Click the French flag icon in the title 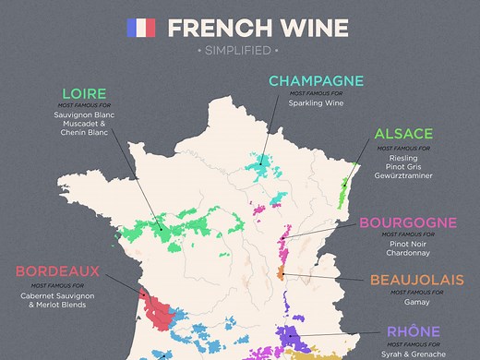coord(140,28)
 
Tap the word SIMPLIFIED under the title coord(240,49)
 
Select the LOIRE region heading coord(84,93)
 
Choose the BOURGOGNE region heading coord(407,222)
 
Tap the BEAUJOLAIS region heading coord(414,280)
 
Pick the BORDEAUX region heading coord(56,272)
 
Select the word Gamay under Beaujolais coord(414,301)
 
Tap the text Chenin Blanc coord(84,133)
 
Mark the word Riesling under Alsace coord(402,158)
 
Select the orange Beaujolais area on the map coord(281,274)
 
